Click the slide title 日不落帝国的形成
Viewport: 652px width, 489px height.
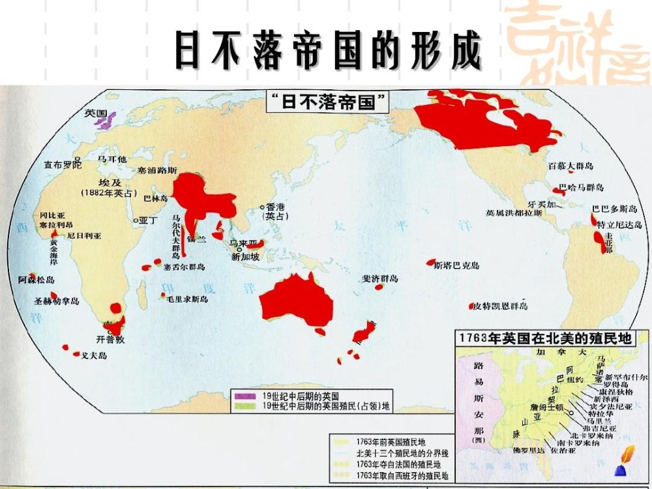pyautogui.click(x=328, y=50)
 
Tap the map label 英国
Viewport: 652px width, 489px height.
pyautogui.click(x=95, y=113)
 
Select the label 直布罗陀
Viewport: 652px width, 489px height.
pyautogui.click(x=59, y=165)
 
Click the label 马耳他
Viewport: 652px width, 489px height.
pyautogui.click(x=111, y=160)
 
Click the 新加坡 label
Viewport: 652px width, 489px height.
pyautogui.click(x=245, y=257)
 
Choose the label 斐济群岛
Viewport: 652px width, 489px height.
pyautogui.click(x=380, y=278)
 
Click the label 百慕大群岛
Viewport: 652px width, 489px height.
pyautogui.click(x=570, y=166)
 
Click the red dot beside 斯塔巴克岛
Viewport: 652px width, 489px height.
pyautogui.click(x=430, y=262)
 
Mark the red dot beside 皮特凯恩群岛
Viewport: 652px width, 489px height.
pyautogui.click(x=471, y=306)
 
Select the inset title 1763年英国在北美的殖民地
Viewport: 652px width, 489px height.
pyautogui.click(x=546, y=338)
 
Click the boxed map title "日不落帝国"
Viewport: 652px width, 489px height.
pyautogui.click(x=329, y=102)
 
